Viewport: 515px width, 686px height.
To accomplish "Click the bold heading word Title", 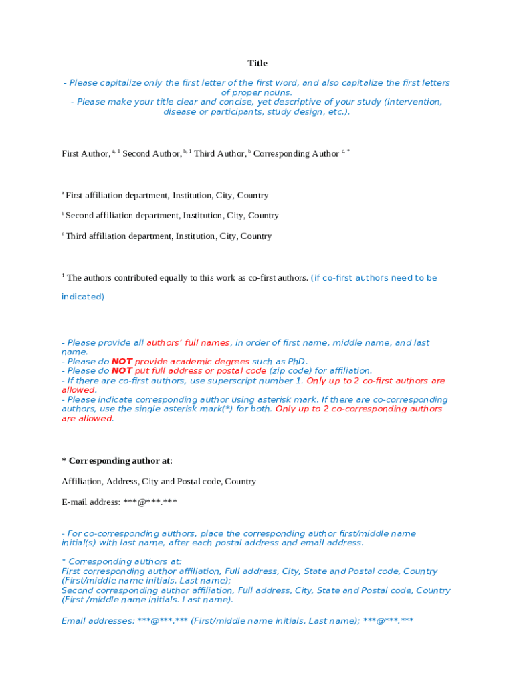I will click(257, 63).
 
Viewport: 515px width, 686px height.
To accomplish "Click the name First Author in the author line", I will click(86, 154).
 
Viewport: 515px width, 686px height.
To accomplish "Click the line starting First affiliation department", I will click(167, 196).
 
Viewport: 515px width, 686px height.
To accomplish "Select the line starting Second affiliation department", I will click(172, 216).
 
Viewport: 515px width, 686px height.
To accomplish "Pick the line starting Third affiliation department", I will click(169, 236).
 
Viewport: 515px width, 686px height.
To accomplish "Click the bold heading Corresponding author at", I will click(120, 461).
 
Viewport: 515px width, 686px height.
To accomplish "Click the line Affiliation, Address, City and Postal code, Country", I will click(159, 482).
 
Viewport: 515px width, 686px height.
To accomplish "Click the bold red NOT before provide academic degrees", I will click(122, 362).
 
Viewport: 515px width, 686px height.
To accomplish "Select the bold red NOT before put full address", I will click(122, 371).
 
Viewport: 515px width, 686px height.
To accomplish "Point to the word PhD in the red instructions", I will click(296, 362).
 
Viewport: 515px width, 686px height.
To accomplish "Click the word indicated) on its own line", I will click(83, 297).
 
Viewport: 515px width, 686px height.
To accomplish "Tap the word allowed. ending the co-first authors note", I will click(79, 390).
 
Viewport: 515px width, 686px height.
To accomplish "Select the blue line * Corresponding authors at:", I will click(121, 562).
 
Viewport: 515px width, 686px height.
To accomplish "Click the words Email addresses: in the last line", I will click(98, 621).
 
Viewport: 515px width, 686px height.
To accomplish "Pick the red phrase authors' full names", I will click(188, 343).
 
